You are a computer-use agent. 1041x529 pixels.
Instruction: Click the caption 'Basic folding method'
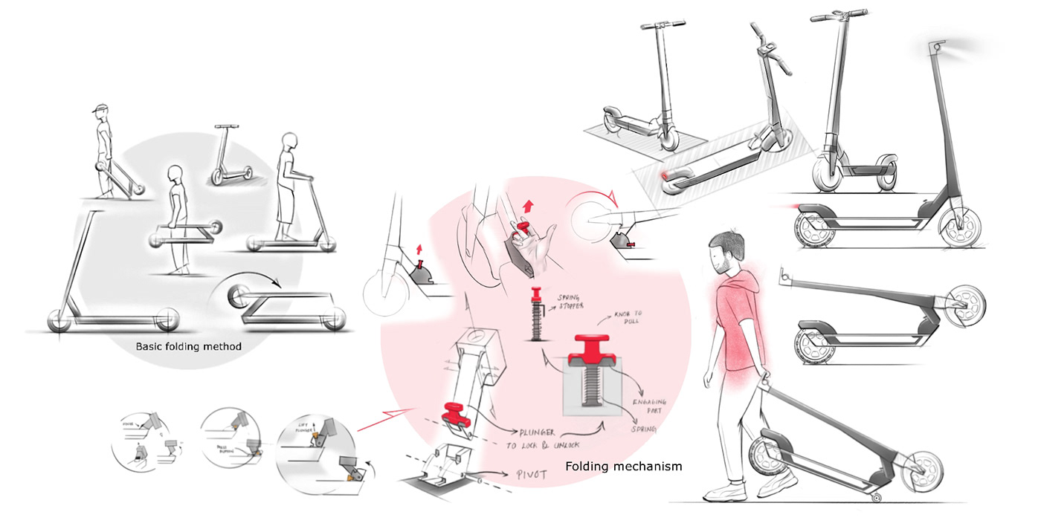coord(188,346)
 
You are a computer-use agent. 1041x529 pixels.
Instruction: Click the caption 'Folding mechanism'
coord(623,467)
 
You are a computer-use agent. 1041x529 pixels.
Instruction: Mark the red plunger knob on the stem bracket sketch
coord(452,410)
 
